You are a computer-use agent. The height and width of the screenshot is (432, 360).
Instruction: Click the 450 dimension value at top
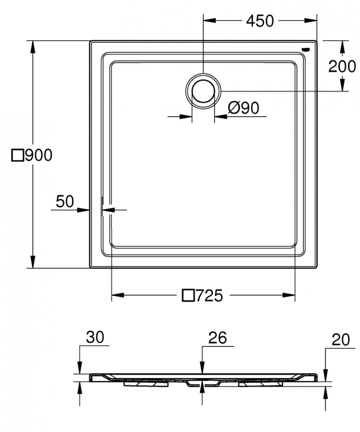coord(260,21)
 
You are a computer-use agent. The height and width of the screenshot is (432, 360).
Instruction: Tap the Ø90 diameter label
coord(243,108)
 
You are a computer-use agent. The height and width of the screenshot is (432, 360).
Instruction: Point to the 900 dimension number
coord(38,155)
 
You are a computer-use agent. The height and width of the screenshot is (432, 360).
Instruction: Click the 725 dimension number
coord(209,296)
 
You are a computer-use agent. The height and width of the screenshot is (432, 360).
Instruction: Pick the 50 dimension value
coord(65,202)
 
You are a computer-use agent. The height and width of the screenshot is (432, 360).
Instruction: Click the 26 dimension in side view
coord(217,337)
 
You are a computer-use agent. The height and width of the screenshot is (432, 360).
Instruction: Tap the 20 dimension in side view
coord(341,340)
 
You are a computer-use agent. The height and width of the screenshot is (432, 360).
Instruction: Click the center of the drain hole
coord(203,91)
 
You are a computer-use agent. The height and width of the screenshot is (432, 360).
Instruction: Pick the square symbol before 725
coord(188,296)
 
